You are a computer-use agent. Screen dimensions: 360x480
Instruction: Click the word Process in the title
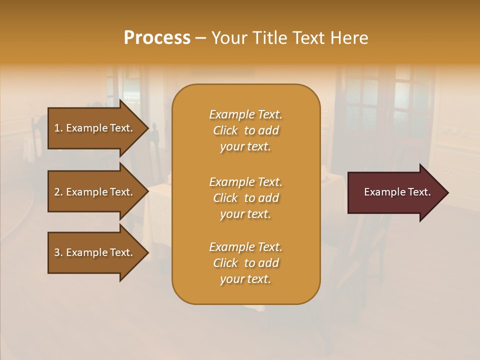point(157,38)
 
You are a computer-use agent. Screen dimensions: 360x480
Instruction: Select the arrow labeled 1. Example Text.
point(94,128)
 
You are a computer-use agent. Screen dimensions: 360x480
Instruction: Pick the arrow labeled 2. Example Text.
point(94,192)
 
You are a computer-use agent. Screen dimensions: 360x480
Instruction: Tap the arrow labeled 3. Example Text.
point(94,252)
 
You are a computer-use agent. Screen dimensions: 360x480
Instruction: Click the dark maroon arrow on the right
point(395,192)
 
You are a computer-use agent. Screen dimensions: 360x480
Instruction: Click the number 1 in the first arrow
point(57,128)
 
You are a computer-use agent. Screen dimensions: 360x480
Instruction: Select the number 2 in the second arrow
point(57,192)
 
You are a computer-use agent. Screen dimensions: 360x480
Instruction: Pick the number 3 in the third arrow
point(57,252)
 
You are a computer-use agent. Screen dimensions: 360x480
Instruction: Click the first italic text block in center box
point(245,130)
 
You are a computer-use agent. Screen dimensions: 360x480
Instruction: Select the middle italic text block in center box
point(245,198)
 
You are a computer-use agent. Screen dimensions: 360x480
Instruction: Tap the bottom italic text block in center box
point(245,263)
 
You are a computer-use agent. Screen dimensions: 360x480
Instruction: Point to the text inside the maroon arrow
point(397,192)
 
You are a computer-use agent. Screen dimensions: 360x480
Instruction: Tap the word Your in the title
point(227,38)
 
